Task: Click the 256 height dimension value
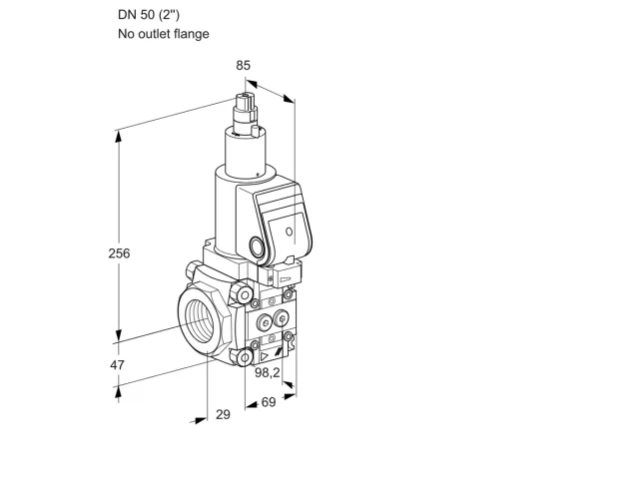pos(119,253)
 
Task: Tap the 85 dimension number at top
pos(244,65)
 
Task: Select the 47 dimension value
pos(118,365)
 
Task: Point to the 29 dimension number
pos(223,415)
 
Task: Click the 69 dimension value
pos(269,402)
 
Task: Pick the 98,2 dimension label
pos(268,372)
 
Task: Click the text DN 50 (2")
pos(149,15)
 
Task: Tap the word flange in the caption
pos(191,34)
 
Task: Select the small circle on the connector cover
pos(289,232)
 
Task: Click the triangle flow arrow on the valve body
pos(265,357)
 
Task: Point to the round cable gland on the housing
pos(257,247)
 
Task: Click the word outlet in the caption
pos(155,34)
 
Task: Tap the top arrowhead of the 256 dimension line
pos(118,137)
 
